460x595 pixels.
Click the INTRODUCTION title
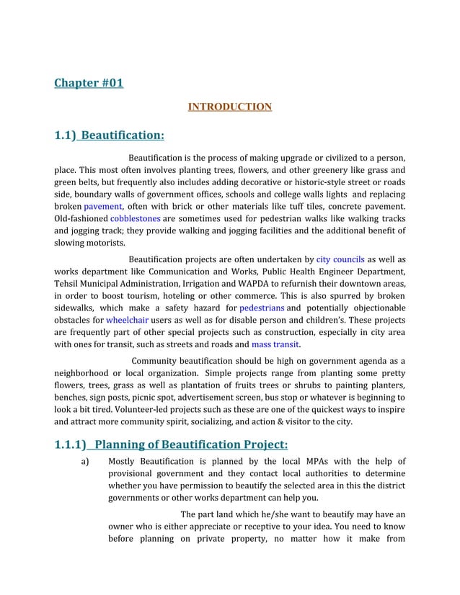(x=229, y=107)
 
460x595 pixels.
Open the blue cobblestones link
(x=135, y=218)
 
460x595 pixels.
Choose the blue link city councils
(x=339, y=259)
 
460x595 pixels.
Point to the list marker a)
(x=85, y=461)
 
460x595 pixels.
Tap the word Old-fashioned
(x=81, y=218)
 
